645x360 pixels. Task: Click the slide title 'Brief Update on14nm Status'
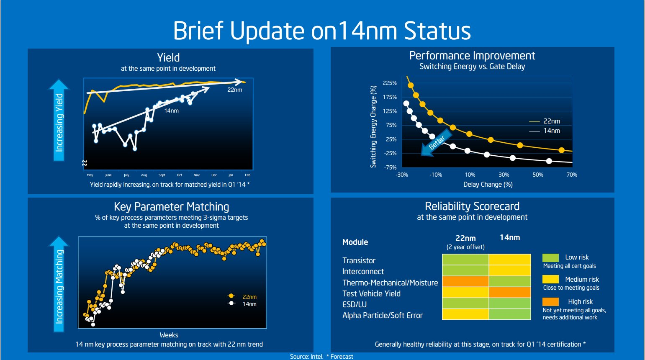[x=322, y=31]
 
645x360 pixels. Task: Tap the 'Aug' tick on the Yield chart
[x=144, y=175]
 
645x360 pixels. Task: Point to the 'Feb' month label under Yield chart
[x=247, y=175]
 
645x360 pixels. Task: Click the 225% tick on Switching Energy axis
[x=390, y=83]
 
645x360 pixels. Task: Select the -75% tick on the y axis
[x=390, y=167]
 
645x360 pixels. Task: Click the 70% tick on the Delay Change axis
[x=572, y=175]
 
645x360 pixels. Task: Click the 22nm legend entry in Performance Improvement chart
[x=545, y=121]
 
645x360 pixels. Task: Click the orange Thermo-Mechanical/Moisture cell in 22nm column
[x=465, y=281]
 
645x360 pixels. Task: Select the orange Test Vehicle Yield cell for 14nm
[x=510, y=292]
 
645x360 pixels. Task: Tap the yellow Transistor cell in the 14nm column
[x=510, y=260]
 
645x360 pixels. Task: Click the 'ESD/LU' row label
[x=355, y=304]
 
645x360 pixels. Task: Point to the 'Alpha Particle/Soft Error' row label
[x=383, y=315]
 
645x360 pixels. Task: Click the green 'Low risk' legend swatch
[x=550, y=257]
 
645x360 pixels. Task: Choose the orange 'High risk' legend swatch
[x=550, y=301]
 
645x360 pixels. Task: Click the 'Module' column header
[x=355, y=242]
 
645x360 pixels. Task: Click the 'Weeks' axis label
[x=169, y=335]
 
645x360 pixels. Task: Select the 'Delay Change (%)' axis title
[x=488, y=184]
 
